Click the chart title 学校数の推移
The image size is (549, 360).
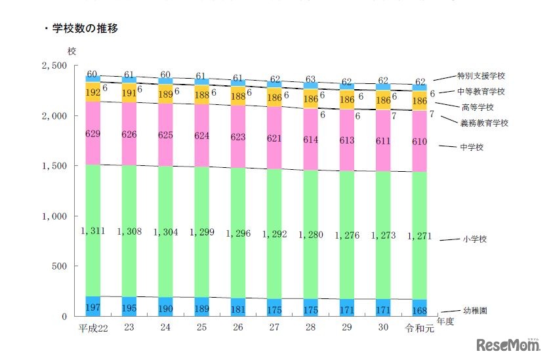point(85,29)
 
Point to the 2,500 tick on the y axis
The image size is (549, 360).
point(54,66)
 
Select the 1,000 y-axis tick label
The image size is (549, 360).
point(54,216)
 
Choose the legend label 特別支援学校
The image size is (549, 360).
point(481,77)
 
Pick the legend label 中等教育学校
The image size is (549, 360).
point(481,92)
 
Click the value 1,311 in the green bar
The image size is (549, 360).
point(92,231)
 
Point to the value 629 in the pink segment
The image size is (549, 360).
point(92,134)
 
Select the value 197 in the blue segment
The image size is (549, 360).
point(92,307)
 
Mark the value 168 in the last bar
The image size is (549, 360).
point(420,308)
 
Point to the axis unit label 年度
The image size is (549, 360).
point(445,321)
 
